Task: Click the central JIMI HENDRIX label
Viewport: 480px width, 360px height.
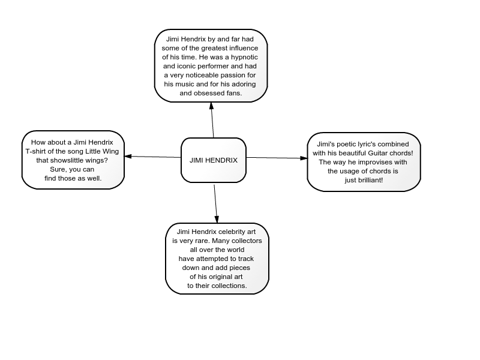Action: (x=214, y=160)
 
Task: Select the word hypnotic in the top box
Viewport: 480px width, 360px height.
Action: (x=244, y=57)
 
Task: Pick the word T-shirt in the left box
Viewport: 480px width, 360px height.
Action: (x=35, y=151)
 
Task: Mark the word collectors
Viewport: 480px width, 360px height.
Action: (x=248, y=241)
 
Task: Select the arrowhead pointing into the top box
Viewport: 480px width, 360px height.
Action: (x=211, y=106)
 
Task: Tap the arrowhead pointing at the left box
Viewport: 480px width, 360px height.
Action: (x=128, y=156)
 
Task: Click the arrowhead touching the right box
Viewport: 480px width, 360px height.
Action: (x=304, y=158)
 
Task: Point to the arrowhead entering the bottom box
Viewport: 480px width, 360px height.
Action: (x=217, y=220)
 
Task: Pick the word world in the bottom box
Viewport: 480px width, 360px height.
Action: (x=236, y=250)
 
